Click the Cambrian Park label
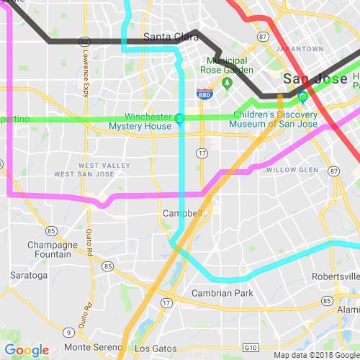pyautogui.click(x=222, y=293)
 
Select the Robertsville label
pyautogui.click(x=336, y=276)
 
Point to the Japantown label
pyautogui.click(x=300, y=49)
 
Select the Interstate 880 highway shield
pyautogui.click(x=204, y=93)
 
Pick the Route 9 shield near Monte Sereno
pyautogui.click(x=67, y=332)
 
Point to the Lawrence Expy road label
pyautogui.click(x=86, y=76)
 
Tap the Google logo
pyautogui.click(x=27, y=351)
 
